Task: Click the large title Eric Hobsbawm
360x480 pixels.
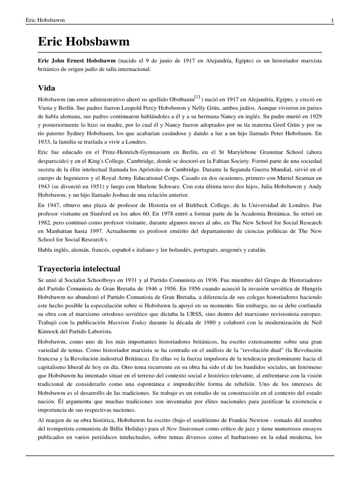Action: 83,43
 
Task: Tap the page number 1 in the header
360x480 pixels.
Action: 332,20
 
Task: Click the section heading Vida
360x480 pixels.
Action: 47,87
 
